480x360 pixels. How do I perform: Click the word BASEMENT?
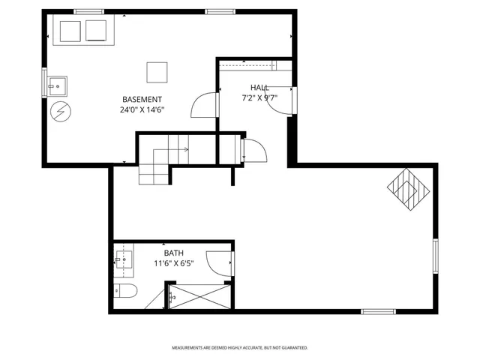[x=142, y=100]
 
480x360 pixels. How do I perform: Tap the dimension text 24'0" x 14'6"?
[x=142, y=110]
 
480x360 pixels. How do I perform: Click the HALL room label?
[x=259, y=88]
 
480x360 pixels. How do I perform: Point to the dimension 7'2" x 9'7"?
[x=259, y=97]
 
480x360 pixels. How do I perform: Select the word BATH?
[x=173, y=253]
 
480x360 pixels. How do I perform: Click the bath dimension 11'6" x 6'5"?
[x=173, y=264]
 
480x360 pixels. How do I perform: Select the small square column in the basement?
[x=157, y=72]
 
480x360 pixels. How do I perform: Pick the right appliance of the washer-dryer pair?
[x=97, y=31]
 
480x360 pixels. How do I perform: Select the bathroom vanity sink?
[x=124, y=262]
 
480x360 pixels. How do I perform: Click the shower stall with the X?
[x=199, y=297]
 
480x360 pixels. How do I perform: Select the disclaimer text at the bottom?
[x=239, y=348]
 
